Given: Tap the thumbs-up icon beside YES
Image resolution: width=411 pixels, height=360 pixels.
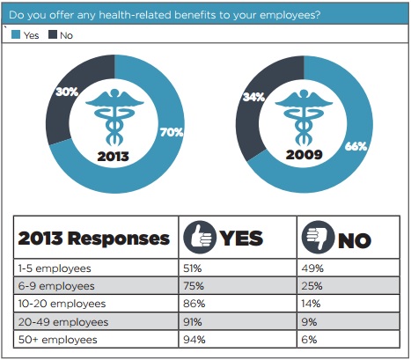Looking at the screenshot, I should coord(197,239).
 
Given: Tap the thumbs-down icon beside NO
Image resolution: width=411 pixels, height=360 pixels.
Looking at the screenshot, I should coord(315,239).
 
